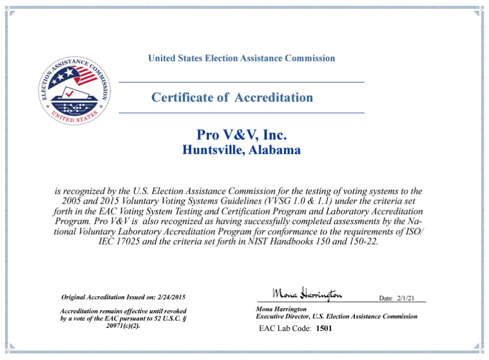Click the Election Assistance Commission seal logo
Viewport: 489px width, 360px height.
(74, 91)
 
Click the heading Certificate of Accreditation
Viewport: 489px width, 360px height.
(232, 97)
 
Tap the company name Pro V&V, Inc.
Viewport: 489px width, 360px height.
(242, 135)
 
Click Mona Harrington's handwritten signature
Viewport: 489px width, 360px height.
(307, 295)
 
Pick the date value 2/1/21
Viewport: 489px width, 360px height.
(406, 298)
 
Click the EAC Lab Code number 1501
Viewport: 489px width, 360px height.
(324, 328)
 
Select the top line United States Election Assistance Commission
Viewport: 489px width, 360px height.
(242, 58)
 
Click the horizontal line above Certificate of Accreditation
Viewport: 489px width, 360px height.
(242, 82)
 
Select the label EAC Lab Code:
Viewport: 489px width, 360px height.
(285, 328)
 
